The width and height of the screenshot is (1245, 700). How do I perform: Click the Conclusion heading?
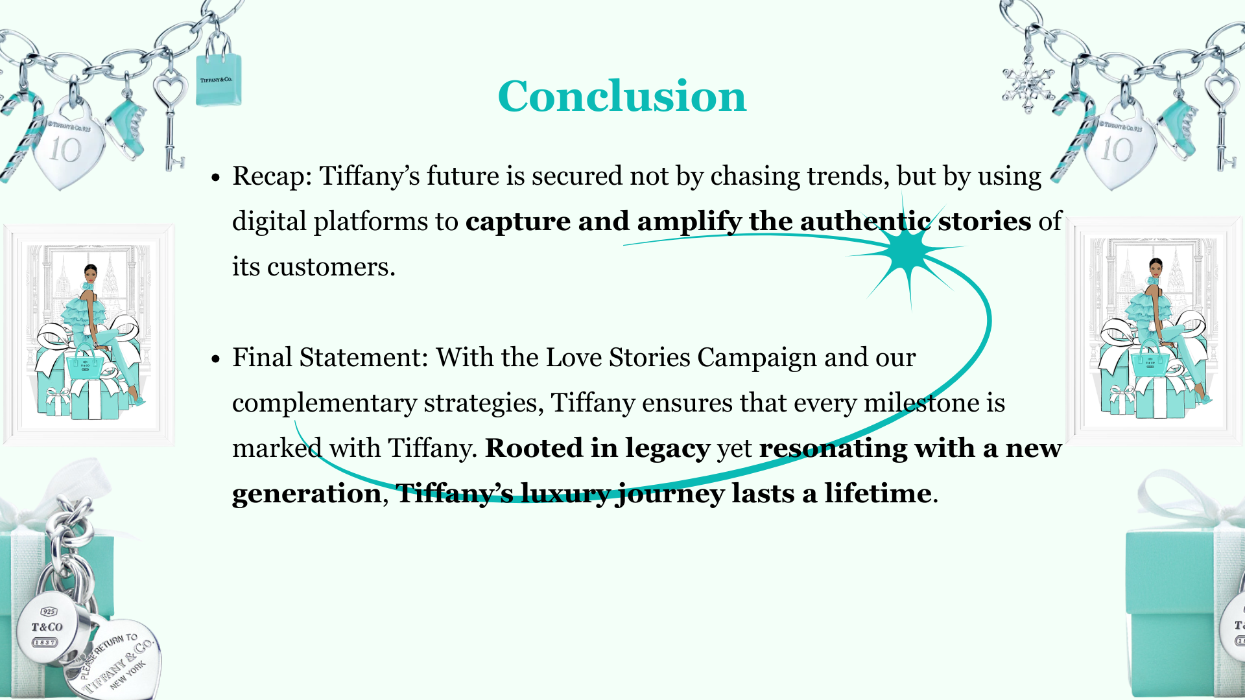(x=622, y=96)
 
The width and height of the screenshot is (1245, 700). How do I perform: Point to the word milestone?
(x=921, y=403)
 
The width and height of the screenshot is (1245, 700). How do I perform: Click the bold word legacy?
(x=667, y=449)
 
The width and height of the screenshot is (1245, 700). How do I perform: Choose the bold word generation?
(x=306, y=494)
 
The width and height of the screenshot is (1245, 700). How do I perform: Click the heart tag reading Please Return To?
(x=117, y=661)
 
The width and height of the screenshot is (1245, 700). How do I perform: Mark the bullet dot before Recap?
(x=217, y=178)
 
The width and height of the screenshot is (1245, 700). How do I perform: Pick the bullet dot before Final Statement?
(x=217, y=359)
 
